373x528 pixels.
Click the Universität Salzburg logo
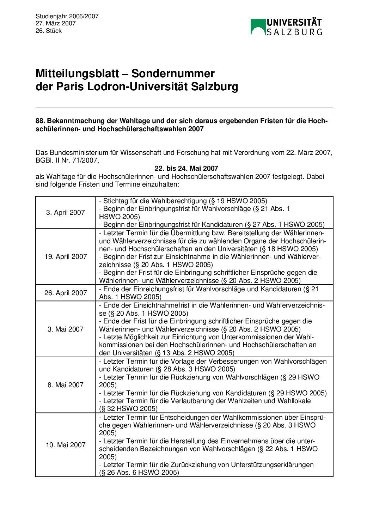pos(286,27)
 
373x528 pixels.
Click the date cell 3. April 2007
pos(66,212)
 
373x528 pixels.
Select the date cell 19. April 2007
pos(66,256)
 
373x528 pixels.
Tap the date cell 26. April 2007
pos(66,293)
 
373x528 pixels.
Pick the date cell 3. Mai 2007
pos(66,329)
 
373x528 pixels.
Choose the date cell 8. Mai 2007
pos(66,385)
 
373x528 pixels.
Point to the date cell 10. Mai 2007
pos(66,445)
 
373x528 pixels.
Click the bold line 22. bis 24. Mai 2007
pos(186,168)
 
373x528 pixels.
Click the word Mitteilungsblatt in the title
pos(77,74)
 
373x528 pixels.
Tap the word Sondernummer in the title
pos(173,74)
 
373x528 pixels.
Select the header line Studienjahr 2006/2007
pos(67,16)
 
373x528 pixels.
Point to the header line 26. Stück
pos(49,31)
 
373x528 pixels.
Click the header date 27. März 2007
pos(56,23)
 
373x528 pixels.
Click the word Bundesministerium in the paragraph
pos(78,153)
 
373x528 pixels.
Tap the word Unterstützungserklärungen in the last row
pos(272,465)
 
